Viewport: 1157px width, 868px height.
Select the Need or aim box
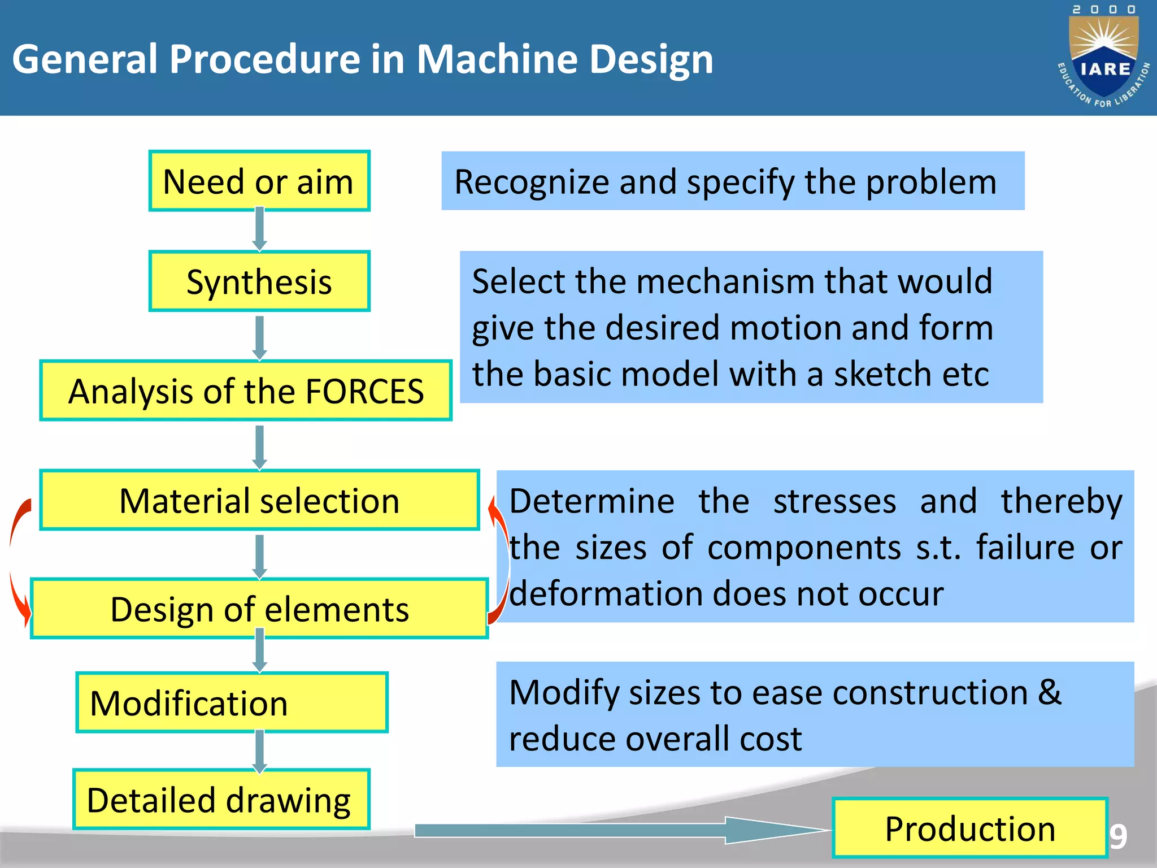[x=259, y=181]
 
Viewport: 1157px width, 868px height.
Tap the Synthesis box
[x=259, y=281]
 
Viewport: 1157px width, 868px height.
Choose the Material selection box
[x=259, y=501]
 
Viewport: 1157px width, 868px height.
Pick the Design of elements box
[x=259, y=609]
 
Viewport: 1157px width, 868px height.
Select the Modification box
[x=232, y=703]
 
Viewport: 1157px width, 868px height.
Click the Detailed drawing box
[x=221, y=800]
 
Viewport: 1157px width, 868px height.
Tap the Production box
[x=969, y=828]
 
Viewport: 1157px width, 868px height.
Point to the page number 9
[x=1118, y=837]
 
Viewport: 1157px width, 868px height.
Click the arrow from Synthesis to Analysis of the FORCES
[x=259, y=337]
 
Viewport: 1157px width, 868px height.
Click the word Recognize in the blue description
[x=532, y=182]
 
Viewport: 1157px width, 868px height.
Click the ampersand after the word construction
[x=1050, y=692]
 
